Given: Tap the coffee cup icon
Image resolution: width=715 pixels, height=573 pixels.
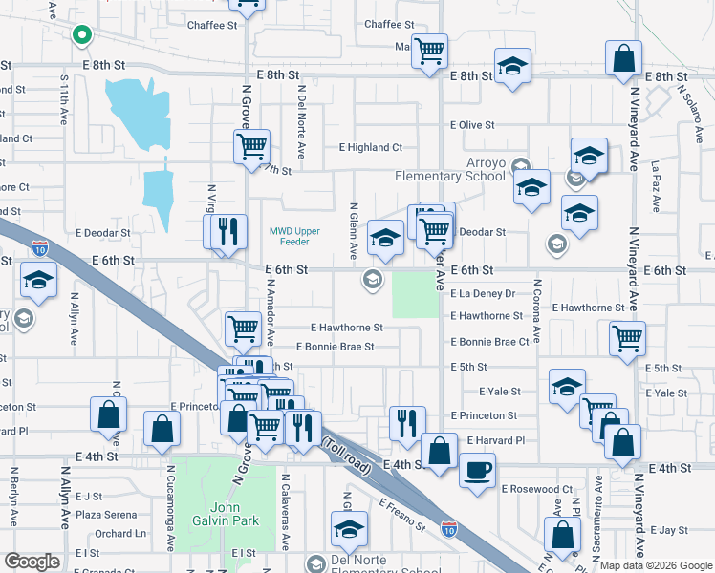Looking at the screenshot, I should pos(477,469).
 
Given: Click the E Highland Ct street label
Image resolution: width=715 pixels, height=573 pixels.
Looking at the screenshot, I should pos(371,148).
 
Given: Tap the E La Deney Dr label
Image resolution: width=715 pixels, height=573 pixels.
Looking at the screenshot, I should pos(483,294).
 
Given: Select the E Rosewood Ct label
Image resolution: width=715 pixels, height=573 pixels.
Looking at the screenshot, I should pos(536,489).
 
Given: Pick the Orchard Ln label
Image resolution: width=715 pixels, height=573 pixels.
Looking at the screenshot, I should pos(120,534).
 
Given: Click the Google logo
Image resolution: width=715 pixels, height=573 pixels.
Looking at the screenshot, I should pos(32,562).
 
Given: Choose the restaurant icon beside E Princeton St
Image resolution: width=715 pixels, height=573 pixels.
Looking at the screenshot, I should pos(407,422).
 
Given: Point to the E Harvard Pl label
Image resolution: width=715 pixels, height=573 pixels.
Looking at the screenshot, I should pos(497,440).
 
